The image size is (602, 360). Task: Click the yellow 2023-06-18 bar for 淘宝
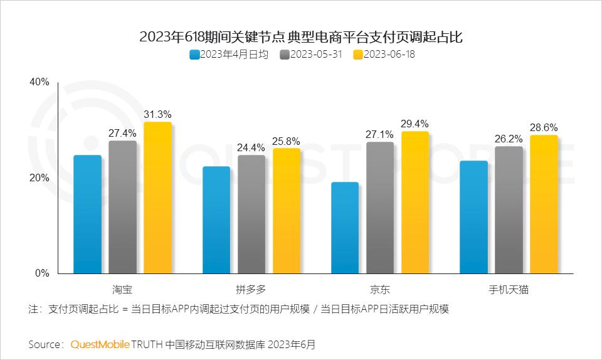(x=157, y=198)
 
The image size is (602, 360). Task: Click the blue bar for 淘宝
(x=87, y=214)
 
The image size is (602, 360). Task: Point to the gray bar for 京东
(x=380, y=208)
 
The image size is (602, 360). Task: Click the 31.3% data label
(x=157, y=114)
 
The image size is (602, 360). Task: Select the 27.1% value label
(x=380, y=134)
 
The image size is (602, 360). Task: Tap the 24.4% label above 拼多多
(x=251, y=147)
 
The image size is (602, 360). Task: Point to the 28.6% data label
(x=544, y=127)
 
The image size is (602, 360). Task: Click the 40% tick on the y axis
(x=39, y=82)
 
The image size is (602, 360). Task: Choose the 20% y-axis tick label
(x=39, y=178)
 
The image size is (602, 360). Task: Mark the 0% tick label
(x=41, y=273)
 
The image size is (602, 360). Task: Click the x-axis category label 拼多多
(x=251, y=290)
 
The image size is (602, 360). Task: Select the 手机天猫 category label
(x=509, y=290)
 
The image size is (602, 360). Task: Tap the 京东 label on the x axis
(x=380, y=290)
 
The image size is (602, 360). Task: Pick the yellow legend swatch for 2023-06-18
(x=359, y=55)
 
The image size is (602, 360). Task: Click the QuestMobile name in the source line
(x=100, y=344)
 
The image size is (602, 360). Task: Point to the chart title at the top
(x=301, y=37)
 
